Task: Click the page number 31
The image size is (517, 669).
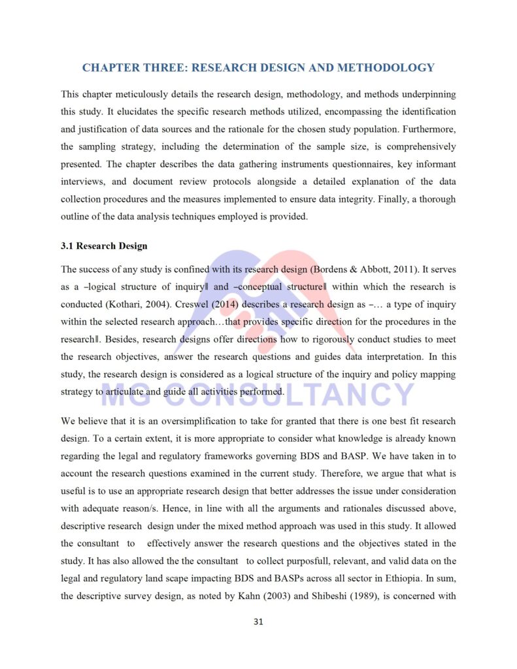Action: pyautogui.click(x=258, y=621)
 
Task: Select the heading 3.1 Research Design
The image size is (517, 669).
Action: pyautogui.click(x=104, y=246)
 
